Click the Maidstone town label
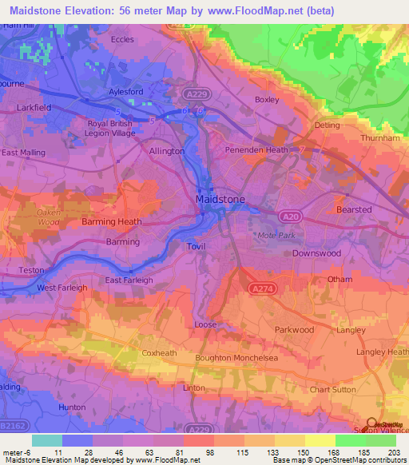coord(220,198)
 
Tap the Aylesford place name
coord(126,92)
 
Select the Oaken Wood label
coord(49,218)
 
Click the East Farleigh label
coord(129,280)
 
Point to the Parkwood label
coord(294,329)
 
